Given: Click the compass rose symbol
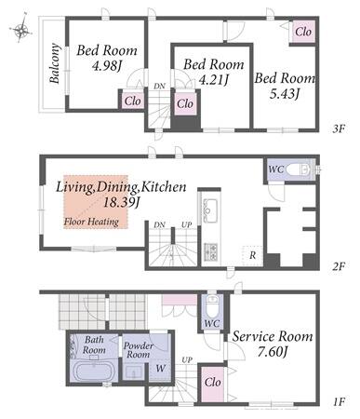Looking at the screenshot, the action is point(20,29).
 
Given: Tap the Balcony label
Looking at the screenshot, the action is point(54,63).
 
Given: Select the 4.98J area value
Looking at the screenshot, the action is point(106,65).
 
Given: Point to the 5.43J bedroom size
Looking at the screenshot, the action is point(284,93).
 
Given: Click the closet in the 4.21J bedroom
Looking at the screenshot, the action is point(185,103).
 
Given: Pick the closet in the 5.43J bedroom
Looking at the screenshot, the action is point(303,32).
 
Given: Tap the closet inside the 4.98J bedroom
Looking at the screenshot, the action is point(132,101).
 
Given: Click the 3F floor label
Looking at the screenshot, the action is point(339,128).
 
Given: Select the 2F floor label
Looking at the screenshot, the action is point(339,266).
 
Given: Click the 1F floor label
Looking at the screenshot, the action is point(340,402).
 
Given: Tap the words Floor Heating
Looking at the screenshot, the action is point(91,222).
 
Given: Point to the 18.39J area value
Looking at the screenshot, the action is point(122,203).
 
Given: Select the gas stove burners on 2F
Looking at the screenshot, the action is point(210,251).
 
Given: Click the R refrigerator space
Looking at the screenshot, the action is point(252,255).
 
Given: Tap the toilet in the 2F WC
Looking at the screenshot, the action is point(299,169).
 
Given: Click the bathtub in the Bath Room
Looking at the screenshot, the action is point(94,371).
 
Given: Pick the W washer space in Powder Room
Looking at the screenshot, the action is point(160,369).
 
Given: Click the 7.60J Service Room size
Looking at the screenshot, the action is point(273,352).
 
